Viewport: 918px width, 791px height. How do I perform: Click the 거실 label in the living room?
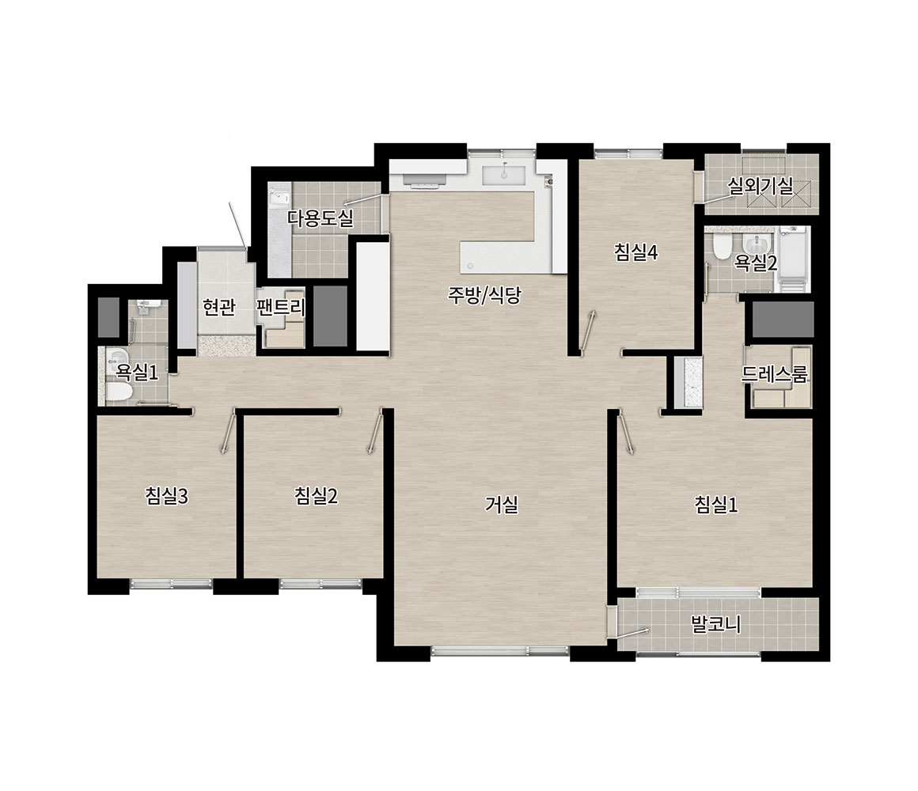(502, 505)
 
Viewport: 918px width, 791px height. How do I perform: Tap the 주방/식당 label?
(484, 296)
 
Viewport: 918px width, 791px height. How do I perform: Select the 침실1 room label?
(716, 505)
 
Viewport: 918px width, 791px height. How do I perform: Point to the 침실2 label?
(316, 496)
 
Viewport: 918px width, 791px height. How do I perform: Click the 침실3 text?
(167, 496)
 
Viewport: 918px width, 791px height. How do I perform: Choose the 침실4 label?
(635, 253)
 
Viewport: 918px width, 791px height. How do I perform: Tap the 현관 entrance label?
(218, 307)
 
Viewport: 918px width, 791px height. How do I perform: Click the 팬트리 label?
(281, 307)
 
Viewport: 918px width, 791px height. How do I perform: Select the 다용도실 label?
(321, 218)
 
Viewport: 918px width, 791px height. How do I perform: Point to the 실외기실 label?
(760, 186)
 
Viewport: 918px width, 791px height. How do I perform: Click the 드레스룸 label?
(774, 374)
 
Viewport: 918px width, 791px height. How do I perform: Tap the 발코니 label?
(715, 624)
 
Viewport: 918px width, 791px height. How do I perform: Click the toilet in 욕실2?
(721, 247)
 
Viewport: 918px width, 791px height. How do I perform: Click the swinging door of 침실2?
(376, 431)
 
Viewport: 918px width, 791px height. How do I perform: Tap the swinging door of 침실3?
(228, 431)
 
